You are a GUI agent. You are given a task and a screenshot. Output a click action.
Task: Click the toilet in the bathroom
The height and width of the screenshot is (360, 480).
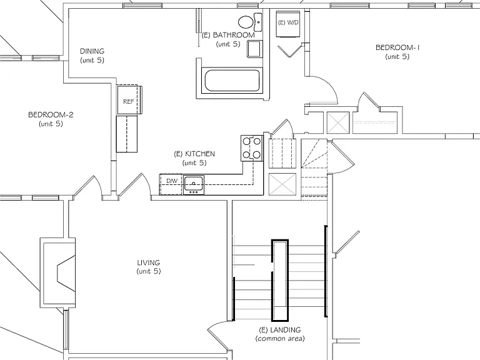[246, 22]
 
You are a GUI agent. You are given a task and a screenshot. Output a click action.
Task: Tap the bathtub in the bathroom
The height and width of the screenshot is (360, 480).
[232, 81]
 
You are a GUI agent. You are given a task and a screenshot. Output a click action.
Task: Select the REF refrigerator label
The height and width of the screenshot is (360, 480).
[129, 102]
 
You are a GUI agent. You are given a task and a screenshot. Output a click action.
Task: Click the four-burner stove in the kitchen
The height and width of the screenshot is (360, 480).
[252, 148]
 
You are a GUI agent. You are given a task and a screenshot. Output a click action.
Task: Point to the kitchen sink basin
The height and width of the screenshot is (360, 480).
[194, 183]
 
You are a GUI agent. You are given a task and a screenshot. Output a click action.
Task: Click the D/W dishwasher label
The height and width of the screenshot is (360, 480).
[172, 181]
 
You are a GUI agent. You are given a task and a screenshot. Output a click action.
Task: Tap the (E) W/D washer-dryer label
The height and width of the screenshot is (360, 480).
[288, 22]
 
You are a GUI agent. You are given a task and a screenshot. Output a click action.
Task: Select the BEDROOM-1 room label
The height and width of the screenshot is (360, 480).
[397, 47]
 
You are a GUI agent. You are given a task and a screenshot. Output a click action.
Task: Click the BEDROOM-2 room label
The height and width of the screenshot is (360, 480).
[51, 115]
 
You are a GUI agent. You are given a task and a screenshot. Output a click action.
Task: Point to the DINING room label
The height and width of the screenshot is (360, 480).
[92, 51]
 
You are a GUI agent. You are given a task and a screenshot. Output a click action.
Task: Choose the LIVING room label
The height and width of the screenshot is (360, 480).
[149, 262]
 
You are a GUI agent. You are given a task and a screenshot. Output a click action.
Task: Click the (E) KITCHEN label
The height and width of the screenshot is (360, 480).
[194, 154]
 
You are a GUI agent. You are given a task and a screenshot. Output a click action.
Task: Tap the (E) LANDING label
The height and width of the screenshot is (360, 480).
[280, 330]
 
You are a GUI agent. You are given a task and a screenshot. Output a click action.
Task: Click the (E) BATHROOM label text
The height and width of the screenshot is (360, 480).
[228, 35]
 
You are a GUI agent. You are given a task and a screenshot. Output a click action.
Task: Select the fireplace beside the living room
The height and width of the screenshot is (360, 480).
[58, 272]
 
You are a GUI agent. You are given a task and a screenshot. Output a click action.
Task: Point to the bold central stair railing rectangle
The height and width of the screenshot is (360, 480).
[280, 281]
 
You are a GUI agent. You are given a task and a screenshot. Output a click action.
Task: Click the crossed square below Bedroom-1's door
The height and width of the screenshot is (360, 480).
[338, 122]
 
